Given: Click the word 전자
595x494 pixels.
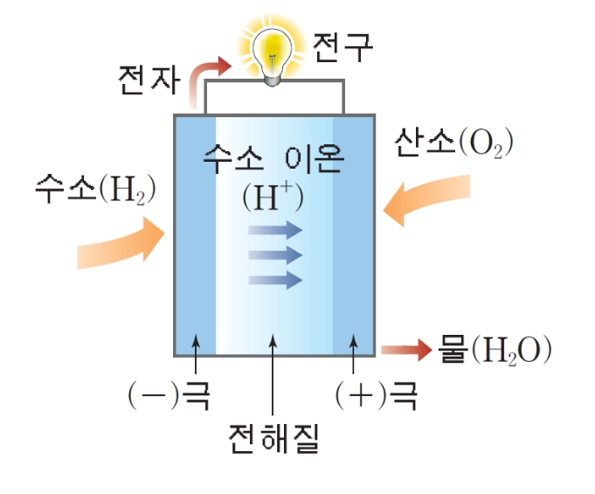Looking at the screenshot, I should pos(148,80).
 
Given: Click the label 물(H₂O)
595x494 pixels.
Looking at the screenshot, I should pos(495,351).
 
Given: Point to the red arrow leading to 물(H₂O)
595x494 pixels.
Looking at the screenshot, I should pos(406,351).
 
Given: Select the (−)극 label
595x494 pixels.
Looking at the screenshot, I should pos(166,396).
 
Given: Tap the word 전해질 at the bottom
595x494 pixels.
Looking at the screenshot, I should pos(273,435).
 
